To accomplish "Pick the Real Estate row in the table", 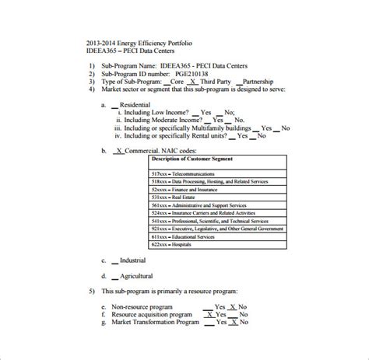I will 167,197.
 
